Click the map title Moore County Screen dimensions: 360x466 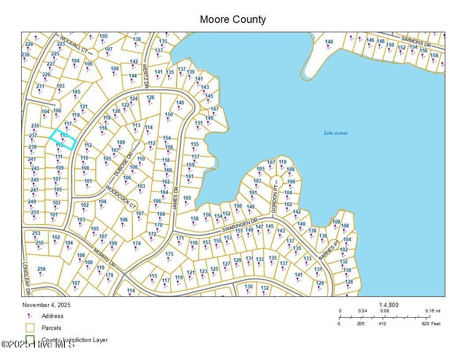click(x=233, y=20)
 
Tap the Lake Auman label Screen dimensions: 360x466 click(x=335, y=133)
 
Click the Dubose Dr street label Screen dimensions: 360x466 click(x=124, y=165)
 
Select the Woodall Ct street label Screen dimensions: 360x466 click(x=74, y=45)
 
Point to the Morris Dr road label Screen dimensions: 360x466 click(x=104, y=258)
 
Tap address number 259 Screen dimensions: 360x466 click(x=41, y=269)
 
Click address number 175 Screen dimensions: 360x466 click(x=169, y=254)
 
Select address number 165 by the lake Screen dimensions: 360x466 click(x=187, y=198)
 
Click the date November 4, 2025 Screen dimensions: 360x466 click(x=46, y=305)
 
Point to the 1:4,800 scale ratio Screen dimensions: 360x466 click(x=389, y=305)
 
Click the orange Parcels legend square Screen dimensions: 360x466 click(x=30, y=328)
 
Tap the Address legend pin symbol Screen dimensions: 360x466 click(x=30, y=316)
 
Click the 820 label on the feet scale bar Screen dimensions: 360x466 click(x=425, y=323)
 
